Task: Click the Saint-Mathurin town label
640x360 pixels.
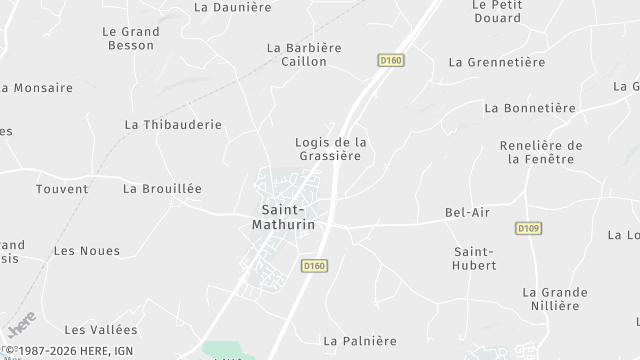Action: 288,217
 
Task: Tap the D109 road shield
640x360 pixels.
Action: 528,229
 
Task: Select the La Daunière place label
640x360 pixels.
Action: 233,7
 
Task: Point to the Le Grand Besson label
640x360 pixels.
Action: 131,38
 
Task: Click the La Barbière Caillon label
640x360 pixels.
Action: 303,54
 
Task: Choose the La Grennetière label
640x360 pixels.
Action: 497,62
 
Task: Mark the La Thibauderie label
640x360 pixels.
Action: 173,125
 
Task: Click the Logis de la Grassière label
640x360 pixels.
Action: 331,149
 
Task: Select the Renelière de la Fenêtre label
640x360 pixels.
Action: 541,152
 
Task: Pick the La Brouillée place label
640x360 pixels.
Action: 162,188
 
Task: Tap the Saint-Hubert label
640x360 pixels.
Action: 475,258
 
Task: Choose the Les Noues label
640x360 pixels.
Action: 86,251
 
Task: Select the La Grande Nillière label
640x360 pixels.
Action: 555,299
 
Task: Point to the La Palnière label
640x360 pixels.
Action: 361,341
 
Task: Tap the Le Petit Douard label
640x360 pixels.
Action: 496,11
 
